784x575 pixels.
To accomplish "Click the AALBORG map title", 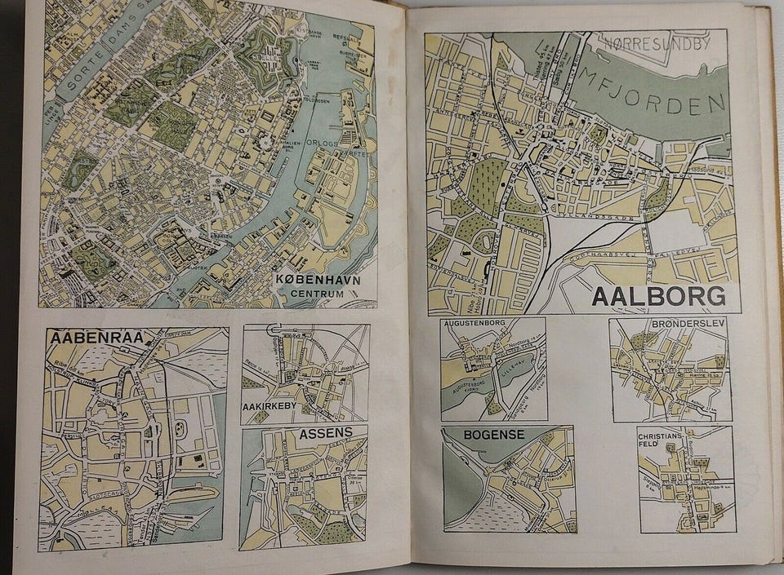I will point(658,296).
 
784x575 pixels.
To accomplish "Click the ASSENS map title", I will point(326,433).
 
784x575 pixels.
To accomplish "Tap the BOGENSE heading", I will point(493,435).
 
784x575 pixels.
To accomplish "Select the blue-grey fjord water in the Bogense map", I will point(460,489).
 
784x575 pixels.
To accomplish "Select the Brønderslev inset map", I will point(670,371).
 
